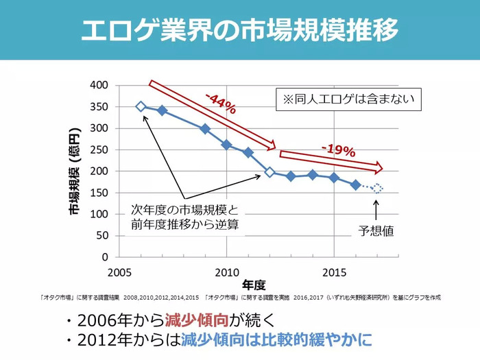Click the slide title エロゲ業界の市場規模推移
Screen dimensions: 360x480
point(239,31)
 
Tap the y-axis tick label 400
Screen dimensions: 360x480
point(99,85)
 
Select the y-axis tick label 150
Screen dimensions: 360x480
point(99,193)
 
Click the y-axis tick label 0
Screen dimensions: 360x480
point(105,257)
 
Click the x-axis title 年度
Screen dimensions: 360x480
point(254,283)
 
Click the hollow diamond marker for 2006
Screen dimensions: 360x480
point(141,106)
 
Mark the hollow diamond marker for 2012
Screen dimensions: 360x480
point(269,172)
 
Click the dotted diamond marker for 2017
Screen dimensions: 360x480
point(377,188)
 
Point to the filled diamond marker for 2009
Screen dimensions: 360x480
point(205,128)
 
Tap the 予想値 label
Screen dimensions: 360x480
point(376,231)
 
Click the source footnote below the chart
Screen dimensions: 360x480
point(239,298)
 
